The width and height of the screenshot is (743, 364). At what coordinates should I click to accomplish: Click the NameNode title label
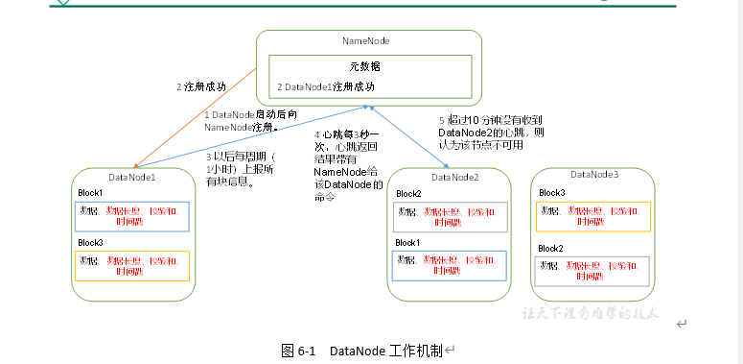pos(366,41)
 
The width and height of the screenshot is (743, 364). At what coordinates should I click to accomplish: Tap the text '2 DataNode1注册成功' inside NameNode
pos(326,87)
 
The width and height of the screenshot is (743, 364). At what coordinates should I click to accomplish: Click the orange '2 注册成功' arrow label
pos(201,86)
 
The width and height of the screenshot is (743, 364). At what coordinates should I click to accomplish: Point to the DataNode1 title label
pos(131,177)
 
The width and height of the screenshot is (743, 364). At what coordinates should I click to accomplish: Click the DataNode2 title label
pos(454,177)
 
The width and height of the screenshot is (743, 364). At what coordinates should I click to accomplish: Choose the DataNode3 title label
pos(594,175)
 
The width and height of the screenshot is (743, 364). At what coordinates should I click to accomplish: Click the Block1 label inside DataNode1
pos(91,193)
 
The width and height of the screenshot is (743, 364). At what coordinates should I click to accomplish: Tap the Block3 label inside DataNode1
pos(91,244)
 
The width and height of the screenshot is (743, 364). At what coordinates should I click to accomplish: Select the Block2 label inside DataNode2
pos(407,194)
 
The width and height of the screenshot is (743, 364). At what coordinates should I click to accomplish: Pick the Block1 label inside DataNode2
pos(407,243)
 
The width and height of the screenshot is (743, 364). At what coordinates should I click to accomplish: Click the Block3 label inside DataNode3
pos(551,193)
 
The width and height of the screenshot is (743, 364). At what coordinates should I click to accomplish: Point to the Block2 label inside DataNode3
pos(550,248)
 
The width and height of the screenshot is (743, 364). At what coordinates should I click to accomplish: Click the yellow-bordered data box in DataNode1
pos(133,266)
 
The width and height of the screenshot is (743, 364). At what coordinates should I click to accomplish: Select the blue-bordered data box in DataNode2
pos(450,266)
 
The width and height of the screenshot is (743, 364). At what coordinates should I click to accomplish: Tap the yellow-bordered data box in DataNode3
pos(593,216)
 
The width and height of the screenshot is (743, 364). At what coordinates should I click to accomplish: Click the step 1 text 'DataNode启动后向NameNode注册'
pos(244,120)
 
